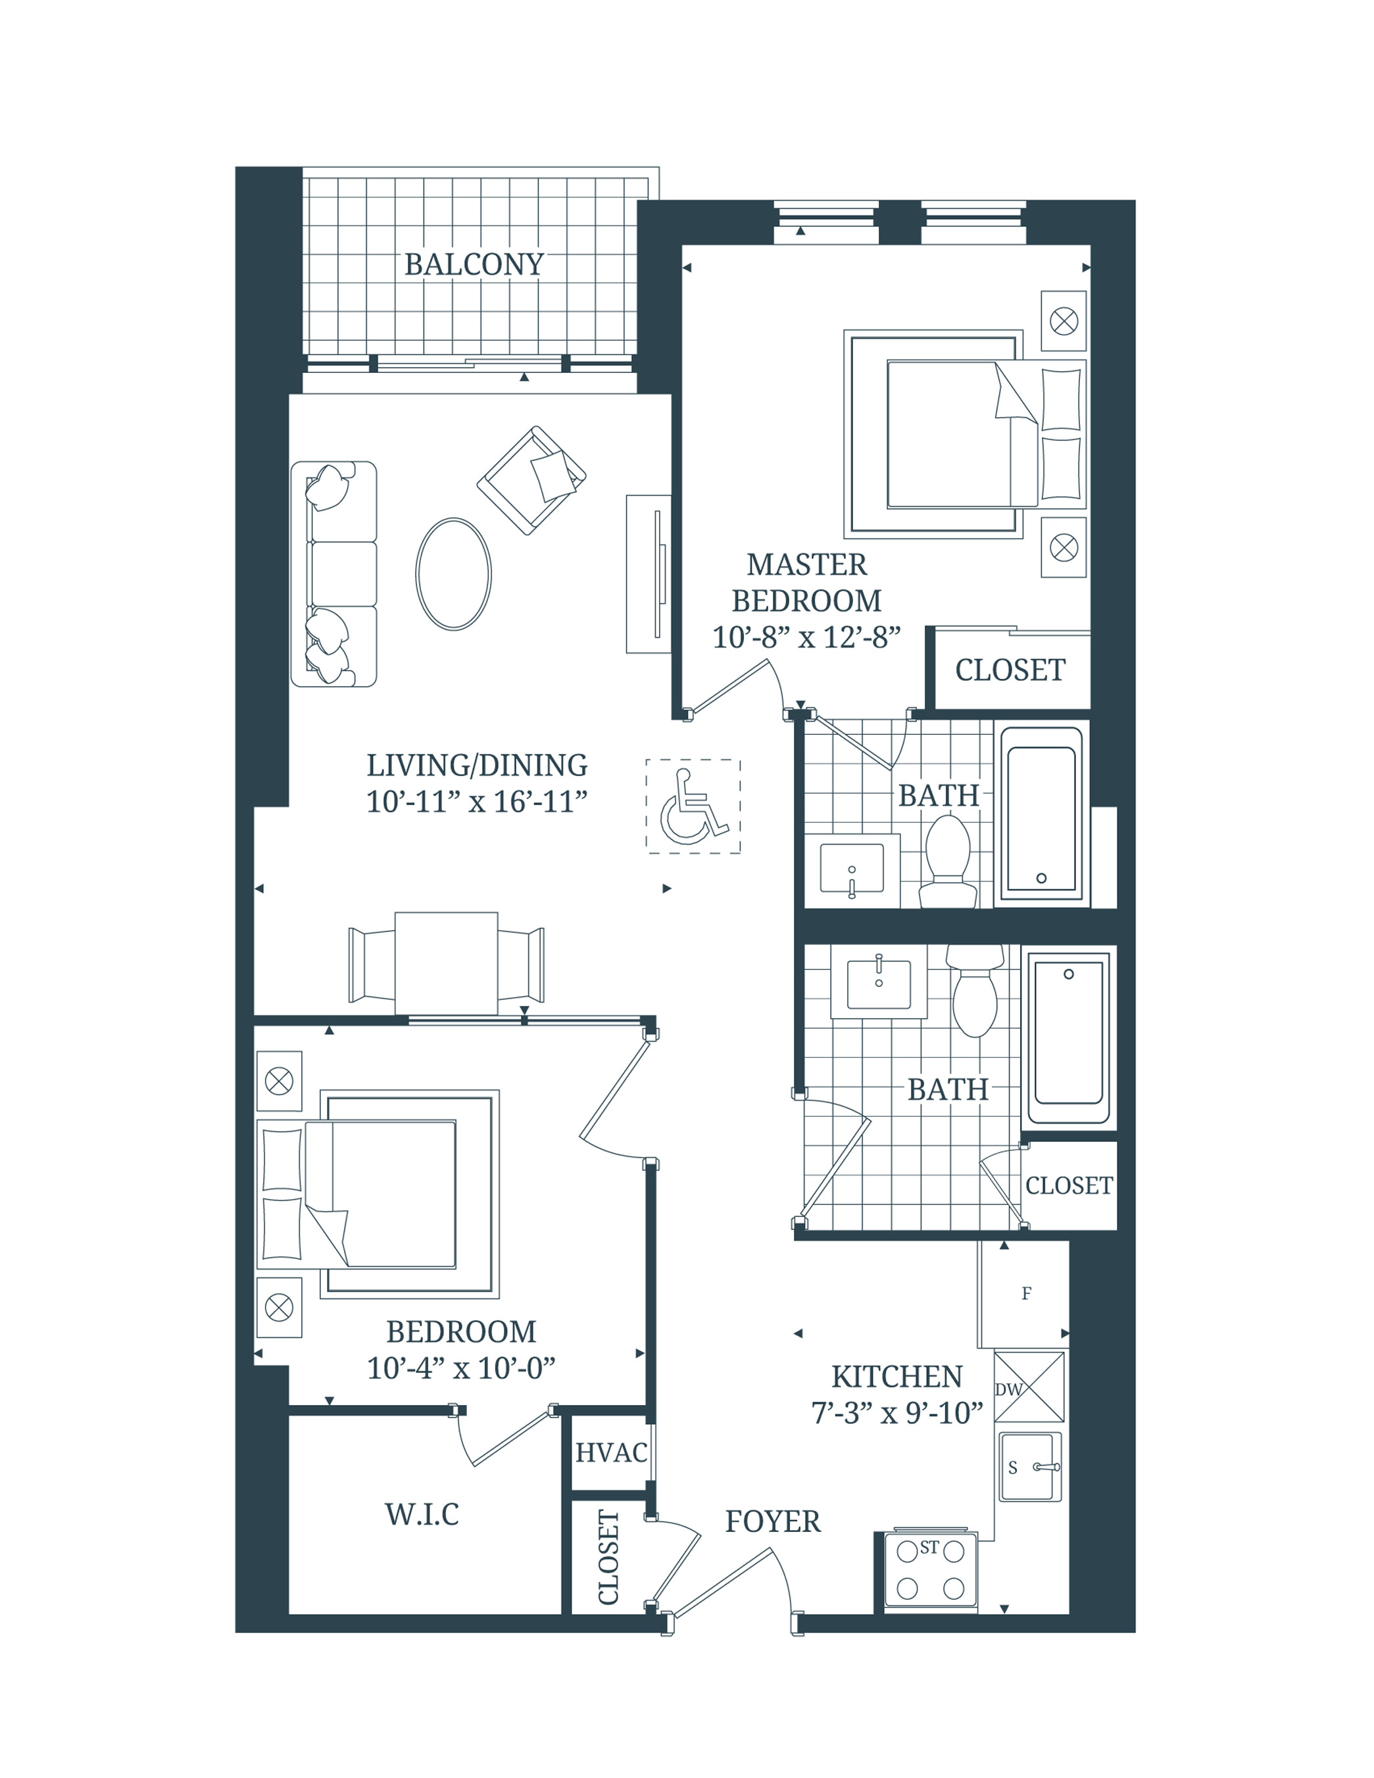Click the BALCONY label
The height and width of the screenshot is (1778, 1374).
[x=474, y=264]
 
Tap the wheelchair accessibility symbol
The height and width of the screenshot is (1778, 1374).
[x=693, y=806]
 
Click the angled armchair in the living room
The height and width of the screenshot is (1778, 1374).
[x=531, y=480]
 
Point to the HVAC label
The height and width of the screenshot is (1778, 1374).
[x=611, y=1452]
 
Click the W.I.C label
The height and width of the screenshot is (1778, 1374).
[x=422, y=1514]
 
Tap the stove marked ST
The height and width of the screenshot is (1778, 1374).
[x=929, y=1572]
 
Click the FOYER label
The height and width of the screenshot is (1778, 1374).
[x=772, y=1521]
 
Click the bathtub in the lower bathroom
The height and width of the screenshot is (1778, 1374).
[x=1069, y=1038]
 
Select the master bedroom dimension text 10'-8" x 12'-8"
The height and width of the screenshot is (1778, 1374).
[x=806, y=637]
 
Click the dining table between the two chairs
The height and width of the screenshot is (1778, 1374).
[x=446, y=963]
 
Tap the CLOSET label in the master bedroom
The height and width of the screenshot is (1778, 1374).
[x=1010, y=670]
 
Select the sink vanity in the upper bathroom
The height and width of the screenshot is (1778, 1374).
[x=851, y=870]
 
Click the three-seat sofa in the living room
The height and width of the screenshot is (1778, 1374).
[x=333, y=574]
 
